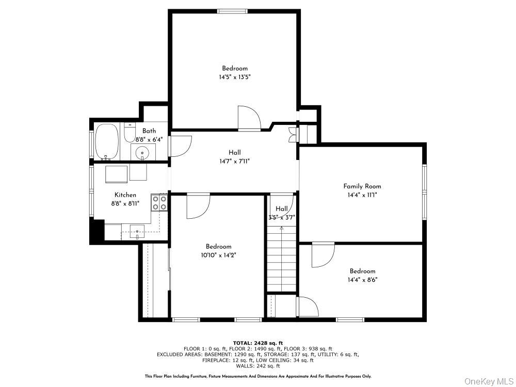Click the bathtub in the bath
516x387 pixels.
(x=107, y=142)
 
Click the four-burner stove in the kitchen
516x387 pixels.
(x=159, y=202)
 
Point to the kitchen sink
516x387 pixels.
(x=137, y=232)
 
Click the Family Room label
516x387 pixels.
(x=362, y=186)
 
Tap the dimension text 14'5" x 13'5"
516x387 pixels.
(x=235, y=77)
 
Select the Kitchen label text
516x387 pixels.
(x=125, y=195)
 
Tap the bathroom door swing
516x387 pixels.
(x=181, y=146)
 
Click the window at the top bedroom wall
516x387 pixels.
(x=232, y=11)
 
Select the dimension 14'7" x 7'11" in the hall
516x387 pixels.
(x=235, y=161)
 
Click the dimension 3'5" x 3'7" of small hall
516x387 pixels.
(x=281, y=217)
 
